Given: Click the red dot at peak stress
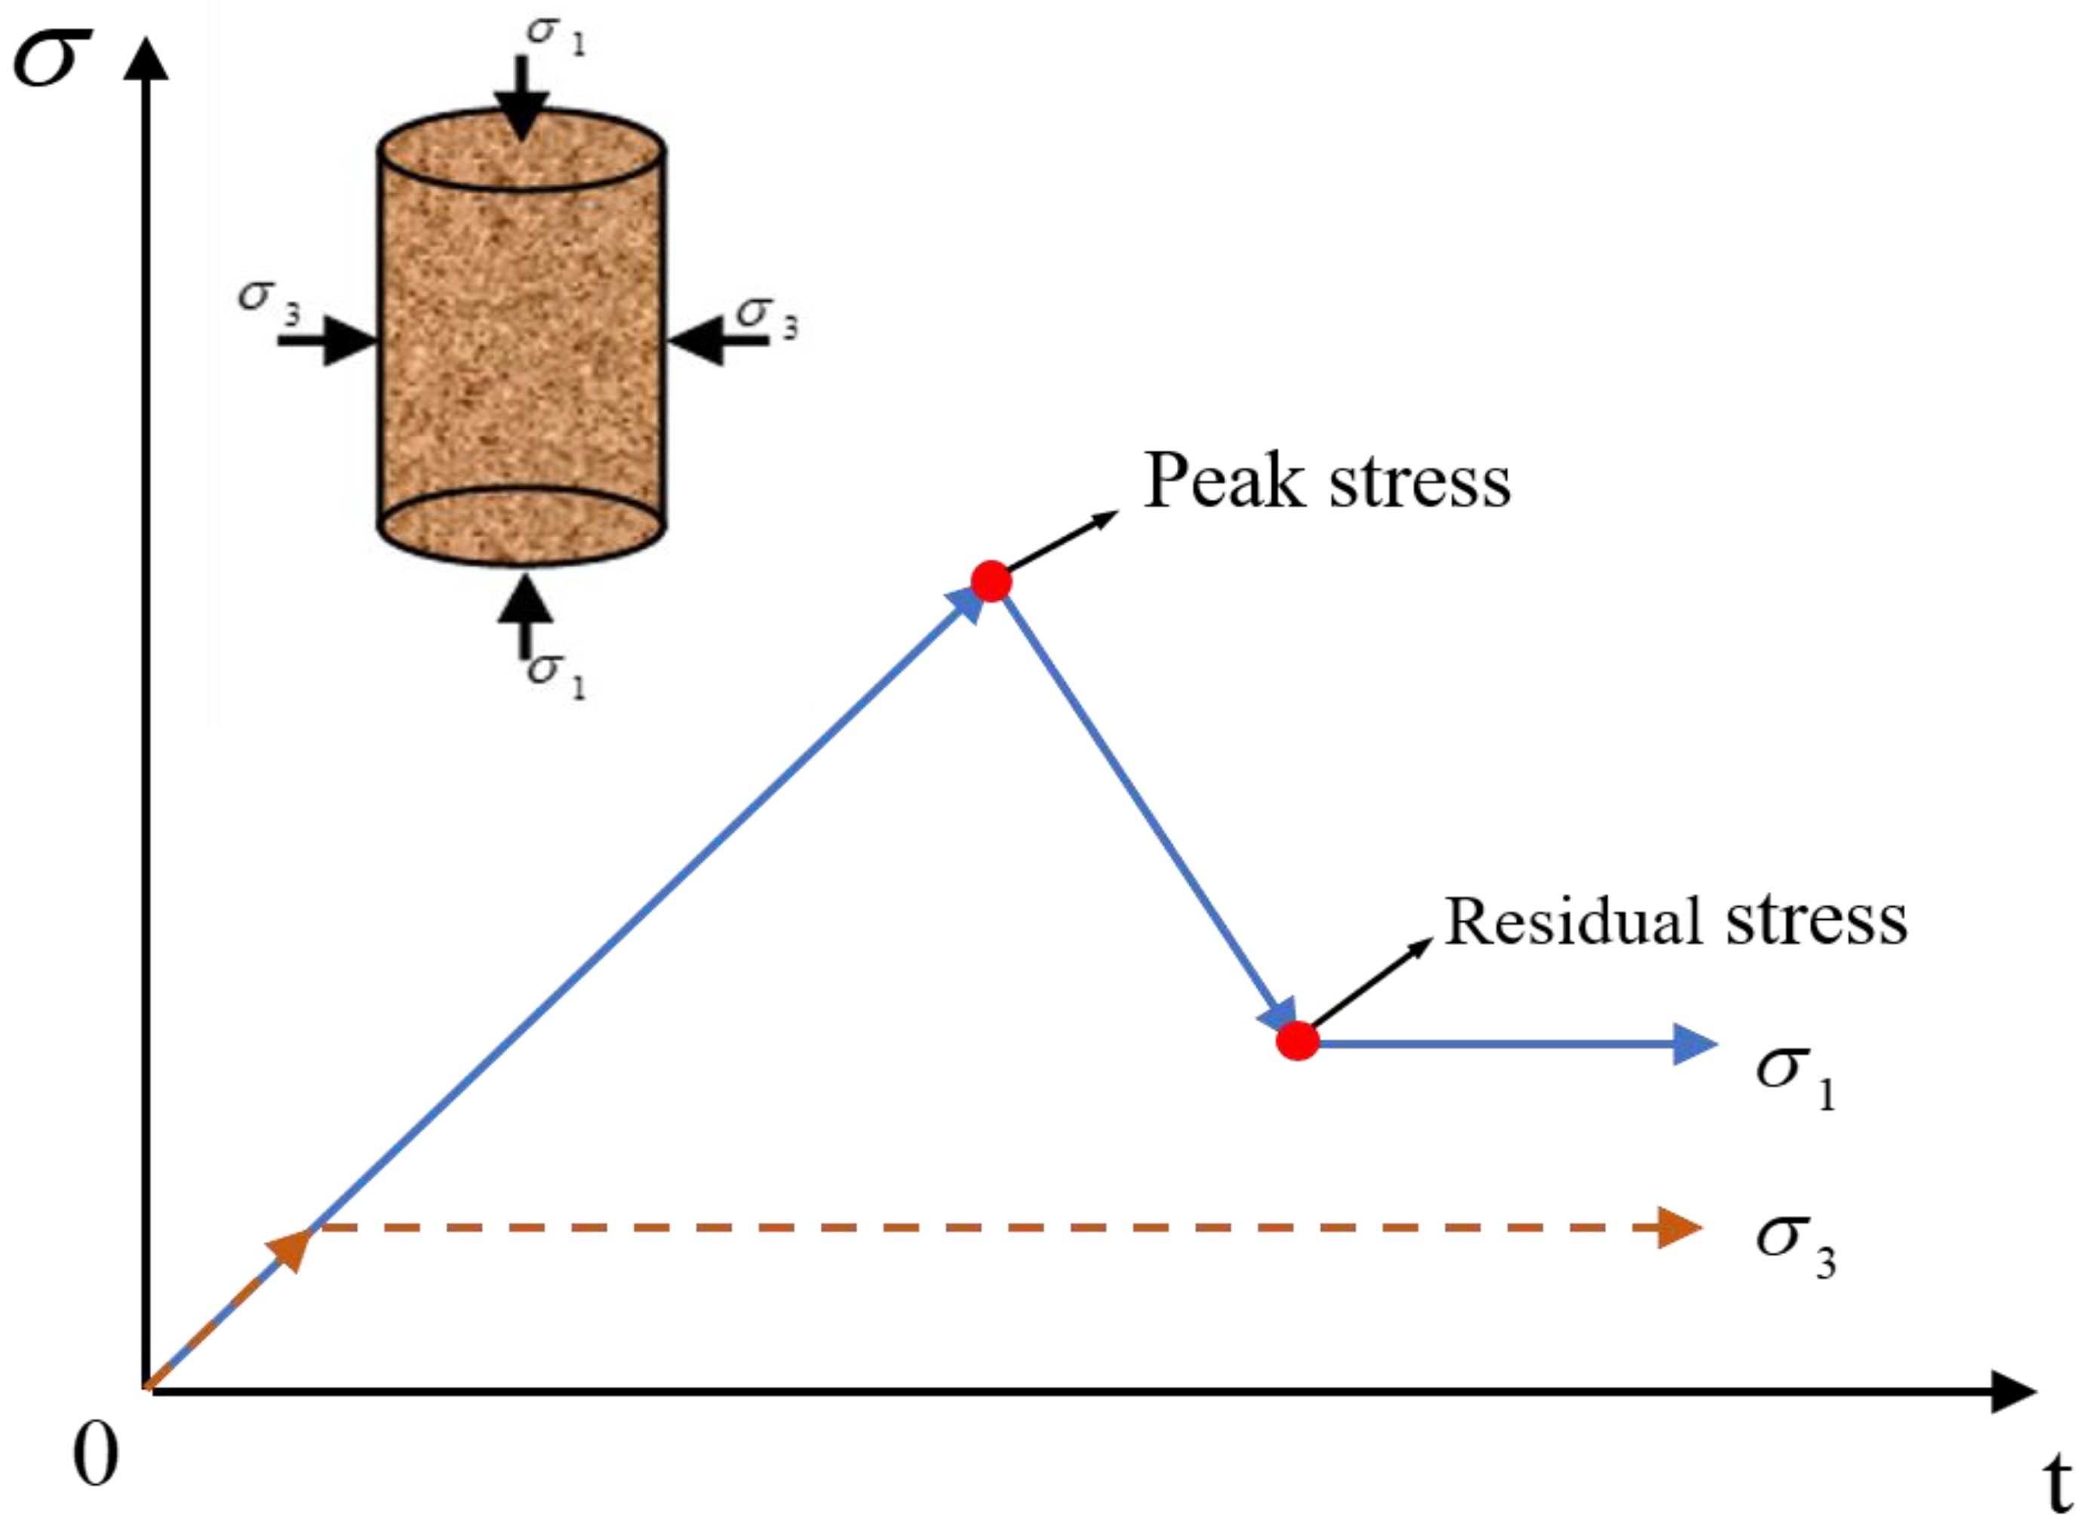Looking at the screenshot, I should (x=991, y=581).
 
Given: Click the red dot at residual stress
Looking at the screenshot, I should (x=1298, y=1040).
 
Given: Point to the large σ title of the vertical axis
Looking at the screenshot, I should (x=51, y=58).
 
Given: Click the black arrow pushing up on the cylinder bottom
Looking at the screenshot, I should (x=525, y=610).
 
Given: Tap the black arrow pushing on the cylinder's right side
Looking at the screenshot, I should (x=718, y=340).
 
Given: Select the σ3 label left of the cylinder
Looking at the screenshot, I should (x=269, y=300).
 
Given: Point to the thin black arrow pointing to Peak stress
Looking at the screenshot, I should (x=1062, y=541).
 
